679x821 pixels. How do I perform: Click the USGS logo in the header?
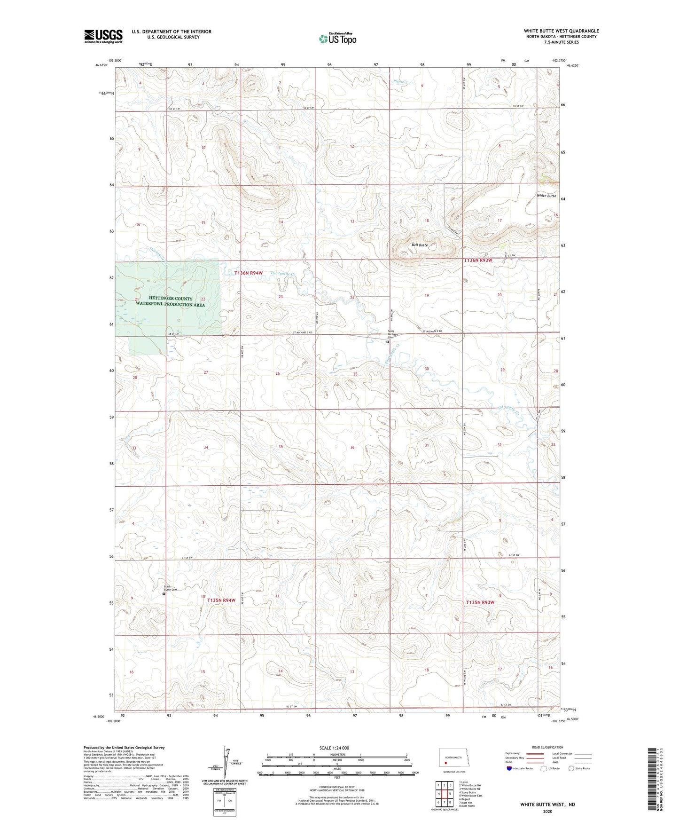103,36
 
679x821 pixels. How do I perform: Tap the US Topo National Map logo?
337,39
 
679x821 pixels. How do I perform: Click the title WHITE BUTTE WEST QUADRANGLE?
561,31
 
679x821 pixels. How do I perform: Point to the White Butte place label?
546,196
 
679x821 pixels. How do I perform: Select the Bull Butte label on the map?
420,245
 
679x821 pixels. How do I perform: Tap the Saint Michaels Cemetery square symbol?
388,342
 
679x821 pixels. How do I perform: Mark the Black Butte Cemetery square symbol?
164,594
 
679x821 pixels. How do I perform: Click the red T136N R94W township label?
249,273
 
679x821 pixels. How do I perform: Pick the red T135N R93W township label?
480,602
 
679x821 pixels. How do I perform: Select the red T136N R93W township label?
478,260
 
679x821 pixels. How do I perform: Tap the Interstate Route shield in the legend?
509,768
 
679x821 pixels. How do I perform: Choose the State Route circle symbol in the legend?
571,768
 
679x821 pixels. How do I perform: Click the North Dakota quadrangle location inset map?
453,757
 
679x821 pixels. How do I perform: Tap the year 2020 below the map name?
547,811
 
